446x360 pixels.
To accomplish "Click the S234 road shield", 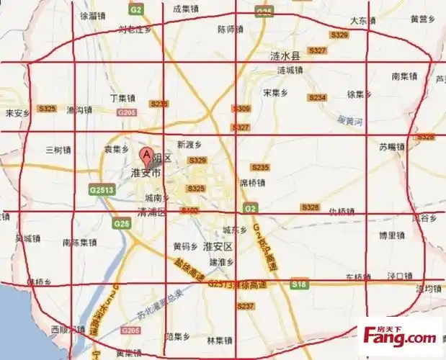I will (x=317, y=97).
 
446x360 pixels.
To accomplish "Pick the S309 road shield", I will (x=241, y=108).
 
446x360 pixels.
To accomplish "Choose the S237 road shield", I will (x=246, y=306).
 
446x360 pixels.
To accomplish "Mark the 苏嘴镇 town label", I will (x=393, y=146).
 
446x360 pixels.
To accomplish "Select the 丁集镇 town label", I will (x=122, y=97).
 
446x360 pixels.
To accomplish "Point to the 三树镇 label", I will (x=58, y=150).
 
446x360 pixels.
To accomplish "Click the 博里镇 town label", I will (x=393, y=235).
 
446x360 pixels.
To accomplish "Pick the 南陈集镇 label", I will (x=79, y=242).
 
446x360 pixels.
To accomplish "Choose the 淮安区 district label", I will (x=217, y=246).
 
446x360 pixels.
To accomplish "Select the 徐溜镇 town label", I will (x=93, y=14).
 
